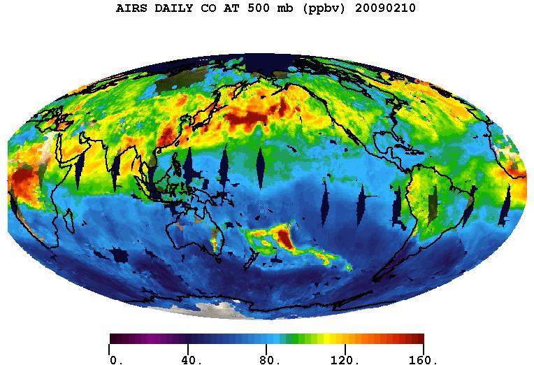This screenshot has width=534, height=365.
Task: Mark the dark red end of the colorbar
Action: pyautogui.click(x=418, y=339)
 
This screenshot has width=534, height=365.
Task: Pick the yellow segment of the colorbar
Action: pyautogui.click(x=325, y=339)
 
